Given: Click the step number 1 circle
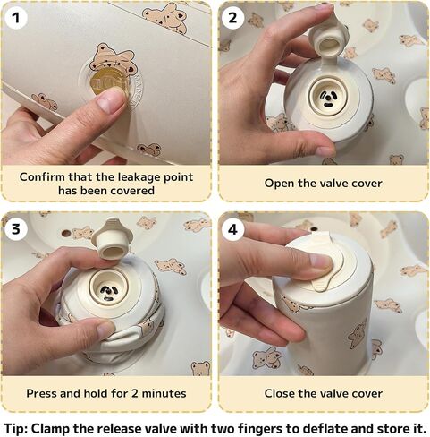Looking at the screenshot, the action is (x=16, y=18).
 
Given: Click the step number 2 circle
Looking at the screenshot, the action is (x=232, y=18).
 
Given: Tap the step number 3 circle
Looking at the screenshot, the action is (x=16, y=229).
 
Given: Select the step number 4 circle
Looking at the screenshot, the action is (x=232, y=229).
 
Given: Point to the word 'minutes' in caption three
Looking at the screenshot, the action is (x=164, y=393).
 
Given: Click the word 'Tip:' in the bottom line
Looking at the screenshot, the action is (x=15, y=429).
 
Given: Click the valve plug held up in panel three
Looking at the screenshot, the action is (x=112, y=240).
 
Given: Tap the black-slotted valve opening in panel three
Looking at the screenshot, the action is (x=109, y=287).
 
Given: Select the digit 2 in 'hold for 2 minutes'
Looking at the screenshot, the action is (x=135, y=393).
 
